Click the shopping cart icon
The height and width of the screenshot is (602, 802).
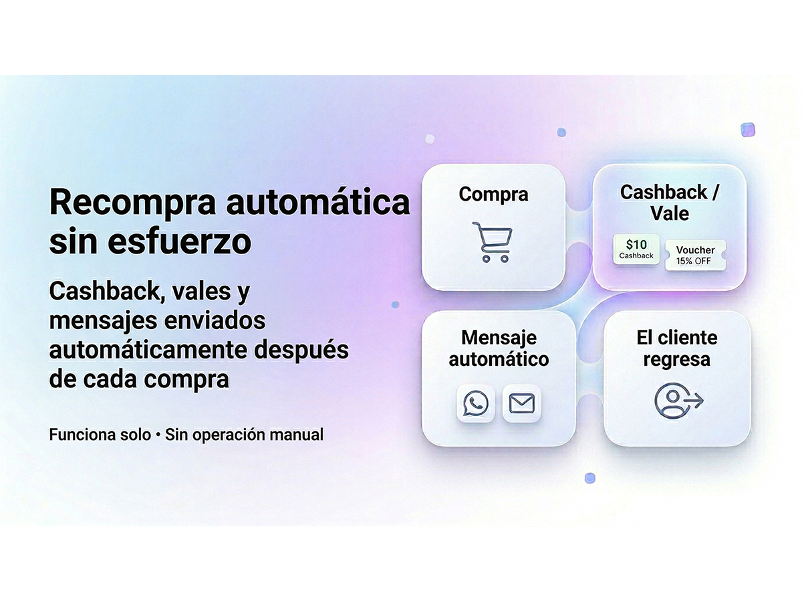493,242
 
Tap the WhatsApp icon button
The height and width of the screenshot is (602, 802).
475,403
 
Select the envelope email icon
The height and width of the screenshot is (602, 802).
521,403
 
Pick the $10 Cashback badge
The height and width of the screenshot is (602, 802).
636,249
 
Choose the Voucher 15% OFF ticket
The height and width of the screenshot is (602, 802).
695,255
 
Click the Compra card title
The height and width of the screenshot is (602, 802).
493,194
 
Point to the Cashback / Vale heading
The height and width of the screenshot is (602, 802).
670,203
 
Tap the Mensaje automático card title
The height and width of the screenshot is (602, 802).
499,348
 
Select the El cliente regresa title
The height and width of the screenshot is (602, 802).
677,348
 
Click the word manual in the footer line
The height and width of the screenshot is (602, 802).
296,435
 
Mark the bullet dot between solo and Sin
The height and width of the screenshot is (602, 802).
158,435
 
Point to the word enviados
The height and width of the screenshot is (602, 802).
223,320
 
